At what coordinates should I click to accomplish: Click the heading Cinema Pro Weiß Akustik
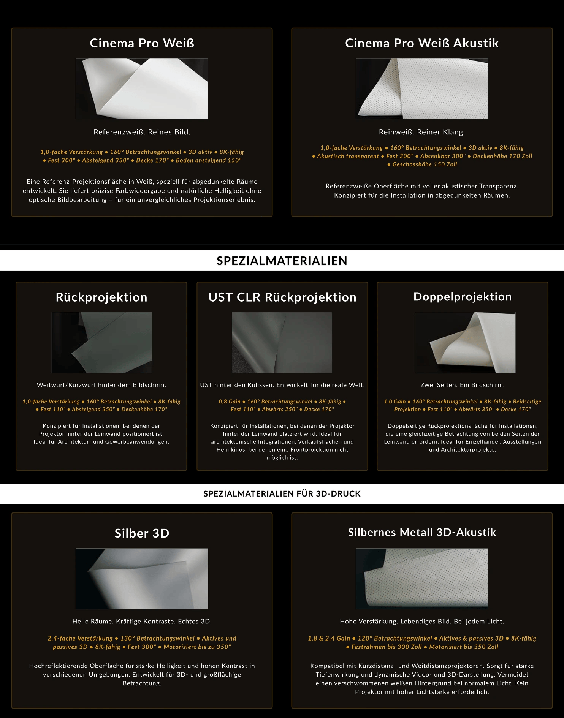(422, 43)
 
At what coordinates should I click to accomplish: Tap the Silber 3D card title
(142, 533)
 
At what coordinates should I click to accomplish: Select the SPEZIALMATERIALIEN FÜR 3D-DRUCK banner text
(282, 493)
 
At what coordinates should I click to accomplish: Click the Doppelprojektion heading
(463, 297)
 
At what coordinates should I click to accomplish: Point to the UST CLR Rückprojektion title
(282, 297)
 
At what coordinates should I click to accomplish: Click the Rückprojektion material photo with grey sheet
(102, 342)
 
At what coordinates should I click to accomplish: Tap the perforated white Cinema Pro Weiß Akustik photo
(422, 89)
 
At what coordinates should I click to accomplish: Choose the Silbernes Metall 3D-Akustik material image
(422, 579)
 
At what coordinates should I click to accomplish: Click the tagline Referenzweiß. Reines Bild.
(142, 132)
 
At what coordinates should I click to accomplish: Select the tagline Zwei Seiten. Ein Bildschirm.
(463, 385)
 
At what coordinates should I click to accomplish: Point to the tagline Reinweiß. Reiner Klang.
(422, 132)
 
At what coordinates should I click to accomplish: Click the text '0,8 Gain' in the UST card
(230, 402)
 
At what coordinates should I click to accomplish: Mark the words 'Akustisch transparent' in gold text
(348, 156)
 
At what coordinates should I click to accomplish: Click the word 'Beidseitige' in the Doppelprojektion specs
(527, 402)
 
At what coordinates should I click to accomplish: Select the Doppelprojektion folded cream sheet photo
(465, 342)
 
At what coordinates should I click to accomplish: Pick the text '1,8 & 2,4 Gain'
(329, 638)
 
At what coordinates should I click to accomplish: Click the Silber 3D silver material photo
(142, 579)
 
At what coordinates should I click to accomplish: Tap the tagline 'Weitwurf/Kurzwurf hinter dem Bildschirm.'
(101, 385)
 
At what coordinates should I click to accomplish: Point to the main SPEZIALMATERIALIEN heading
(282, 261)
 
